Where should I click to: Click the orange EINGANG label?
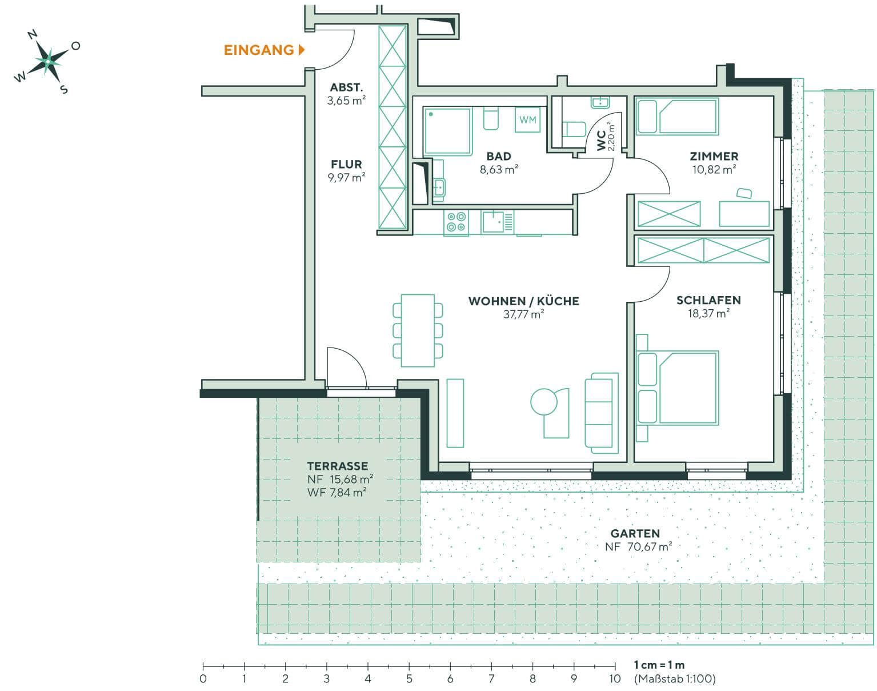tap(259, 50)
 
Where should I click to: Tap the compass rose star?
tap(48, 59)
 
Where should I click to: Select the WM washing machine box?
tap(527, 119)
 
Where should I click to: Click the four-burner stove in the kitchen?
tap(456, 222)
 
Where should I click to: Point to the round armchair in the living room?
tap(544, 402)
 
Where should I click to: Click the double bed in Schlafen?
tap(678, 388)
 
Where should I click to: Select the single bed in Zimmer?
tap(678, 117)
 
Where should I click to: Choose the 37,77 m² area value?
tap(523, 314)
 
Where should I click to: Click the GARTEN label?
tap(635, 533)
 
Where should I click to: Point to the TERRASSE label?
tap(337, 466)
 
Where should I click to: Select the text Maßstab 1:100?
tap(674, 679)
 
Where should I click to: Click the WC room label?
tap(601, 140)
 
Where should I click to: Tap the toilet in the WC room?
tap(573, 129)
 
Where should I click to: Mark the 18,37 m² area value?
tap(708, 313)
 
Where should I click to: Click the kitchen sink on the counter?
tap(492, 221)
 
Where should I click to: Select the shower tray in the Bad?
tap(447, 131)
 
